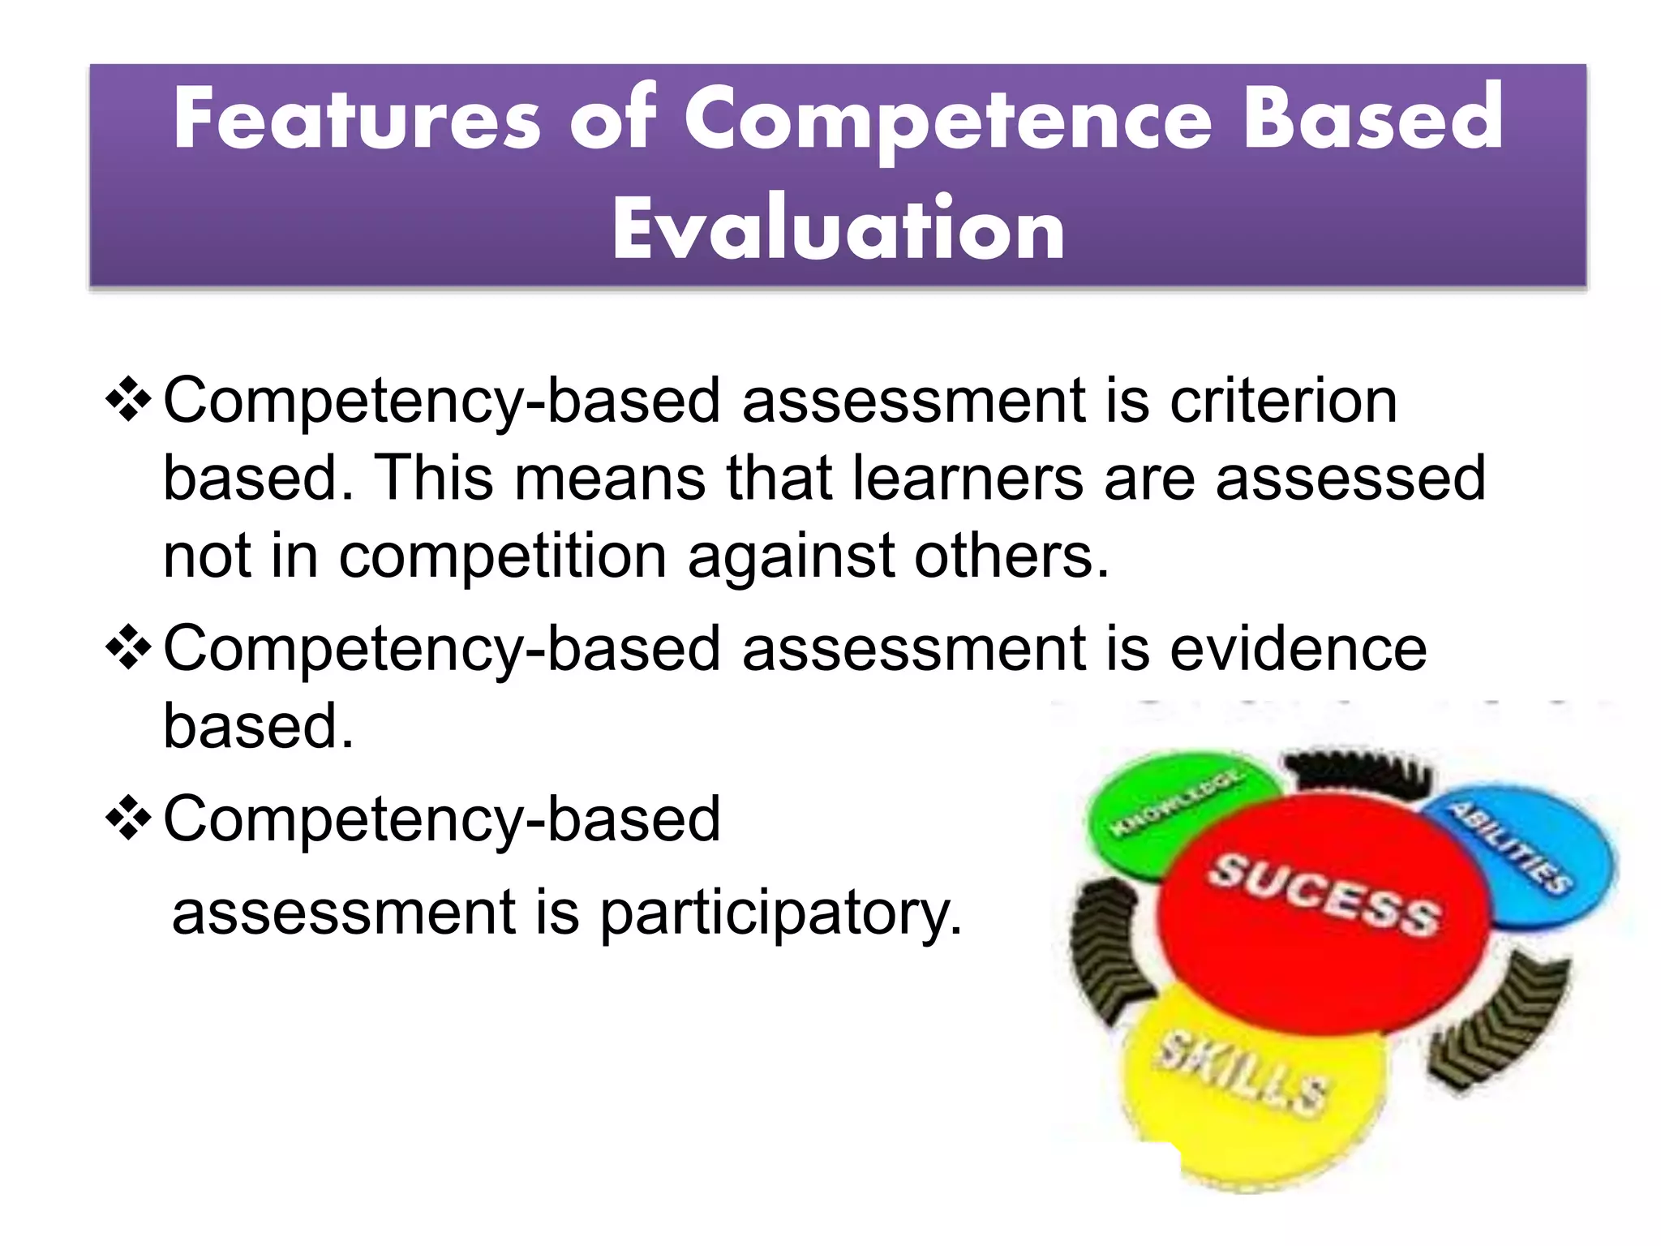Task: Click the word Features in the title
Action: pos(357,120)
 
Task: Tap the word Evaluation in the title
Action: pos(838,230)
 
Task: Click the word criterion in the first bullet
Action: pos(1283,401)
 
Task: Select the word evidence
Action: pos(1298,649)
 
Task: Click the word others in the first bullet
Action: pos(1011,556)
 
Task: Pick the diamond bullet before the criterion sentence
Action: pos(128,400)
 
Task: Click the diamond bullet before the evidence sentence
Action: pos(128,648)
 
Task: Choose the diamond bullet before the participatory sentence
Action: pos(128,818)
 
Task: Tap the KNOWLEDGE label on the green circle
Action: pos(1175,802)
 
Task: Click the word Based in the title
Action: pos(1372,120)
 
